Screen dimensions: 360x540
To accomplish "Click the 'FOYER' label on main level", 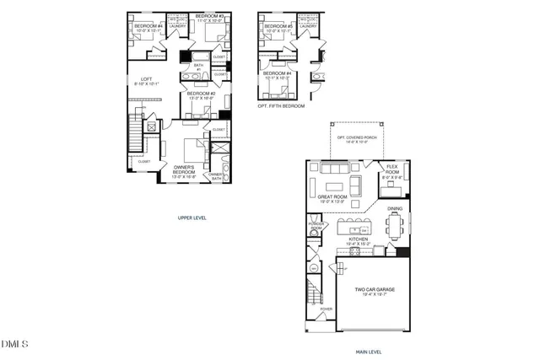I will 325,309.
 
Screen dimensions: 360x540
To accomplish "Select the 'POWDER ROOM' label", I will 317,227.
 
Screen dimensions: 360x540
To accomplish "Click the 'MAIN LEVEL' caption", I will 368,352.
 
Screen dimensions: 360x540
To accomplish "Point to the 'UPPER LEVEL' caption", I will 192,217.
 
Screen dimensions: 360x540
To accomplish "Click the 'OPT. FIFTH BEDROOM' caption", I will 281,106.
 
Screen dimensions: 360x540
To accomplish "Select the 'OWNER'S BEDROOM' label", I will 184,174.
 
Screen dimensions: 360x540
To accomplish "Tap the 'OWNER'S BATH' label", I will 216,176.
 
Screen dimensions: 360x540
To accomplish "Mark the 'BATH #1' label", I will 199,66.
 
